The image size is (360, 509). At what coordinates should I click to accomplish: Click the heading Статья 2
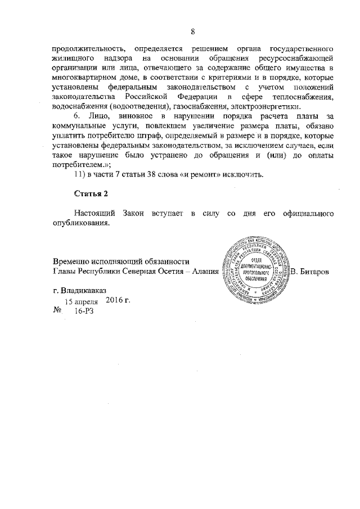[x=91, y=193]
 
